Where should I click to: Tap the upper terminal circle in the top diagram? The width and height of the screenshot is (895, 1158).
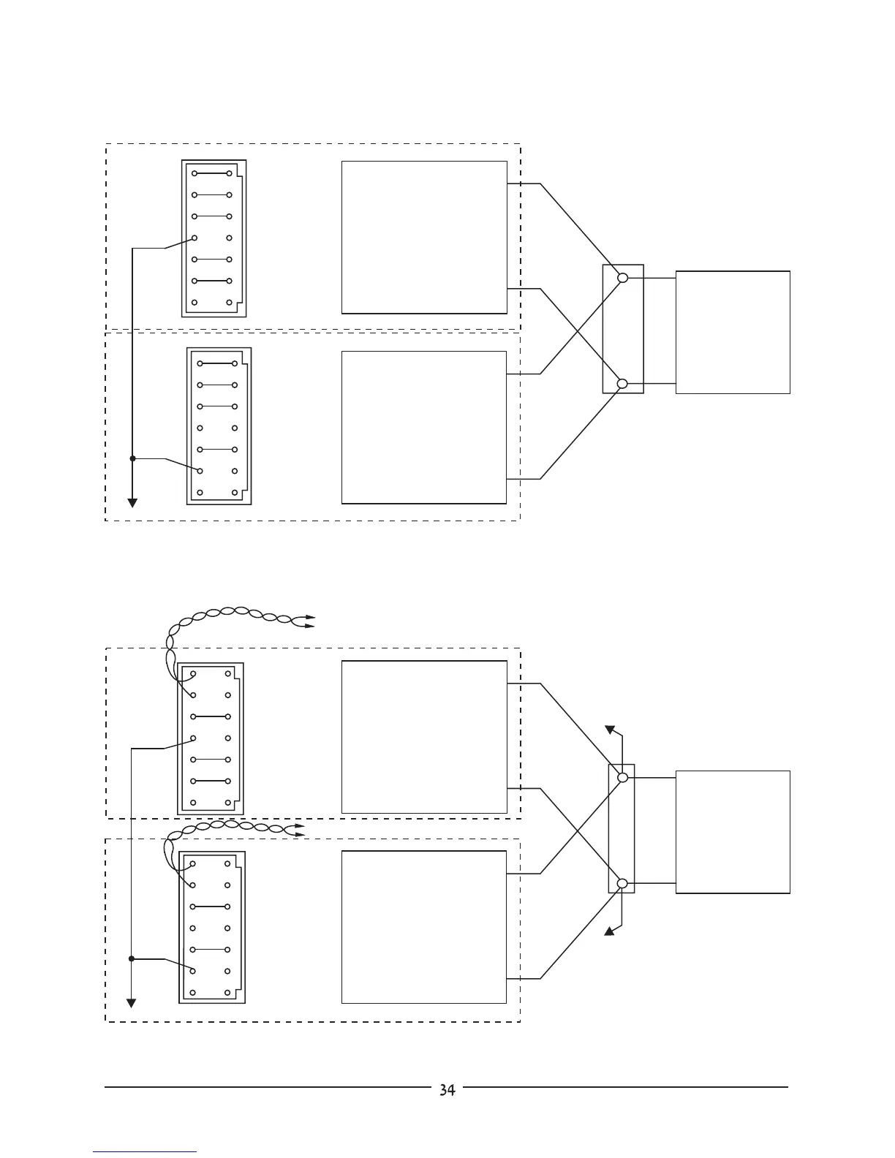[622, 278]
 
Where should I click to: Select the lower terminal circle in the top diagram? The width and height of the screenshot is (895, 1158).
[622, 383]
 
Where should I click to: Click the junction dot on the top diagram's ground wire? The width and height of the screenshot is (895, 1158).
[132, 458]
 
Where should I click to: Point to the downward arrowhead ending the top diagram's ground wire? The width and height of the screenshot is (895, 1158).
[132, 503]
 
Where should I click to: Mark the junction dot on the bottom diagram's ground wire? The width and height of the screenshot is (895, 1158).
[132, 958]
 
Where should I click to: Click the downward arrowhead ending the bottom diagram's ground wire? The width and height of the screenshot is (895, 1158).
[132, 1003]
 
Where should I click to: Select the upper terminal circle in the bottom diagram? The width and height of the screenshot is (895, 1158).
[622, 778]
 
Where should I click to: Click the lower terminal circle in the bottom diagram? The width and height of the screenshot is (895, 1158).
[622, 883]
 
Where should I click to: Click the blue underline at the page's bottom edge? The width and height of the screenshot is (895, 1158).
[145, 1152]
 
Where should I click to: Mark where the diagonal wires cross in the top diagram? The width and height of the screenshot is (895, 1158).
[582, 330]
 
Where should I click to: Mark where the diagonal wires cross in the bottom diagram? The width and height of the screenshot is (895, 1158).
[582, 830]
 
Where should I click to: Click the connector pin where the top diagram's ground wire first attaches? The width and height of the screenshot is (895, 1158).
[195, 238]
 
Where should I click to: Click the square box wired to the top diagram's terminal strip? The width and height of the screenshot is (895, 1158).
[733, 333]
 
